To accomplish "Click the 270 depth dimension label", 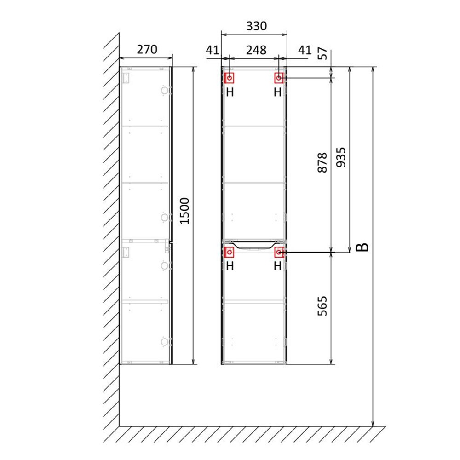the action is pyautogui.click(x=147, y=49).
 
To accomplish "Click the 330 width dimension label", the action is pyautogui.click(x=257, y=26).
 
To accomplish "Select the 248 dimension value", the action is pyautogui.click(x=256, y=50).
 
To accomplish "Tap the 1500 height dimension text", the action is pyautogui.click(x=184, y=211).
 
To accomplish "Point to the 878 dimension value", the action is pyautogui.click(x=322, y=162).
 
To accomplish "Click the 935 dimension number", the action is pyautogui.click(x=341, y=157).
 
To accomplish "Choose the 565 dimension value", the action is pyautogui.click(x=322, y=306).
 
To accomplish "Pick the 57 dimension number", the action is pyautogui.click(x=323, y=53).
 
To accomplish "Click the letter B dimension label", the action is pyautogui.click(x=362, y=247).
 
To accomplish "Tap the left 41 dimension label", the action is pyautogui.click(x=213, y=50).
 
